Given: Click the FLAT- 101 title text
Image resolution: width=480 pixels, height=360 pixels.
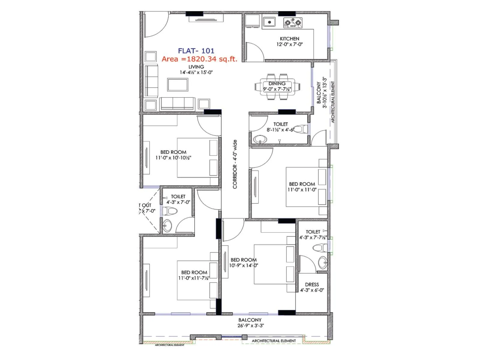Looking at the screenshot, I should [x=196, y=51].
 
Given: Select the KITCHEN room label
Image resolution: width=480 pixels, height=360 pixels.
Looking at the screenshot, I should [x=289, y=39].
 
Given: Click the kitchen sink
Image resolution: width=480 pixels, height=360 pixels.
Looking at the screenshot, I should [x=269, y=22].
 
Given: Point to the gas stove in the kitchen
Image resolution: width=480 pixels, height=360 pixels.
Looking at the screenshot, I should [x=293, y=22].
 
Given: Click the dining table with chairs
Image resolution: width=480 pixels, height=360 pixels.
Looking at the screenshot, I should [x=277, y=87].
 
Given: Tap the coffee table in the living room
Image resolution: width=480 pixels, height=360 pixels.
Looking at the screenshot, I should [x=178, y=85].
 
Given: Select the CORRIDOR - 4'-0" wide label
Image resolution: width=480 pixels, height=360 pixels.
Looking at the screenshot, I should [x=235, y=164].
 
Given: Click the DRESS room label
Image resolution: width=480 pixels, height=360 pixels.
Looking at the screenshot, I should [x=312, y=284].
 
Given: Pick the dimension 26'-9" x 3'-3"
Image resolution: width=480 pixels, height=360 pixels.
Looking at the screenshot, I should [x=250, y=326].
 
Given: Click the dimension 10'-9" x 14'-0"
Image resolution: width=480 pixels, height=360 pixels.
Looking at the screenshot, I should [x=244, y=265].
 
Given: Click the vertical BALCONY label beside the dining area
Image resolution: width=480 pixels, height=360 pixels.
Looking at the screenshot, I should [x=319, y=92].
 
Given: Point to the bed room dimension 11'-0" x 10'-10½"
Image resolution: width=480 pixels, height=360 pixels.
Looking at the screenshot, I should [x=173, y=158].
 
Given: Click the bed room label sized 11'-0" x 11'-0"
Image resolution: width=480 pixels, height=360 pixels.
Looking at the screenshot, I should [x=302, y=184].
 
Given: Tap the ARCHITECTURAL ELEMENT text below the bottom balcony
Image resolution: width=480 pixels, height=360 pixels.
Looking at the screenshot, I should [x=274, y=341].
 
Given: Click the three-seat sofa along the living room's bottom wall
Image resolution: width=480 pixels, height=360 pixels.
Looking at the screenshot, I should [x=177, y=103].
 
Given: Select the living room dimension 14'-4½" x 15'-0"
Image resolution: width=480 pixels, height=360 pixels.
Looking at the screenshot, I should [x=196, y=72].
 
